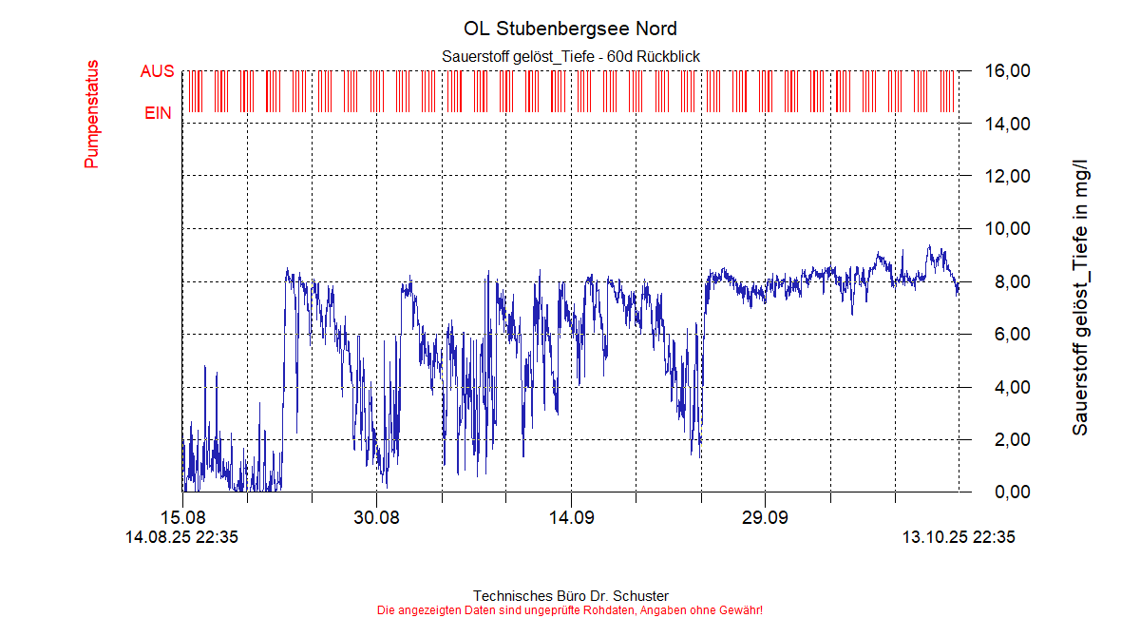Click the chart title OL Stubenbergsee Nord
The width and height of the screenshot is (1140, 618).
(570, 29)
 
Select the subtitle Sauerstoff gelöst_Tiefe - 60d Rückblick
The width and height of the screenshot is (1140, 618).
(571, 57)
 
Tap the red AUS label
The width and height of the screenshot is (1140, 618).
(157, 71)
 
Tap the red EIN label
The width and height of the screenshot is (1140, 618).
(158, 113)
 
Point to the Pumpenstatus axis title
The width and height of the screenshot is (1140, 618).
(92, 114)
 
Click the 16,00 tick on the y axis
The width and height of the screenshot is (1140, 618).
(1007, 71)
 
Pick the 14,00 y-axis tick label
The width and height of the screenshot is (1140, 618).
(1007, 124)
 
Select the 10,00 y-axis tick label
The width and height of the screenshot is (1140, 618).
(1007, 229)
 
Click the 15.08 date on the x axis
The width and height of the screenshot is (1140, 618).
(182, 518)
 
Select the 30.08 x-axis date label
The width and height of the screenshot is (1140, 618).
(376, 518)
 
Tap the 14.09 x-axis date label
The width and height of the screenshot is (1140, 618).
(570, 518)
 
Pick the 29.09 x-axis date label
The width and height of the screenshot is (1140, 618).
(765, 518)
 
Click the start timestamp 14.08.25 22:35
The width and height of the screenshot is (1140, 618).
(181, 537)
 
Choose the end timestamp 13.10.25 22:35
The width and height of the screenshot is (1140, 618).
(959, 537)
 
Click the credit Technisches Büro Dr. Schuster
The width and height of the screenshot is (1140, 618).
(570, 596)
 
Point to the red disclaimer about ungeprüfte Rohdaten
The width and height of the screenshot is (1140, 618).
(570, 609)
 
